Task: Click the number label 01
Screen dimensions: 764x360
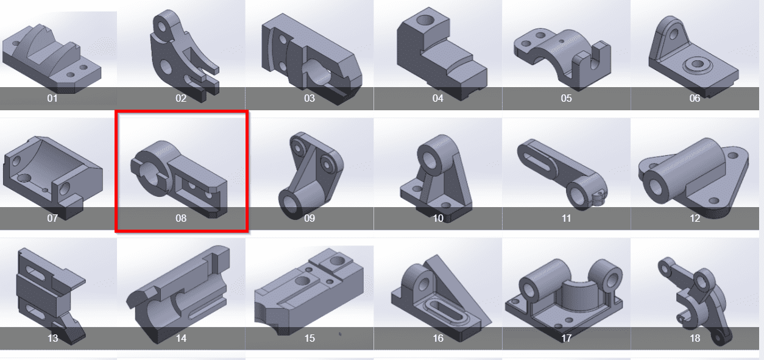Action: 52,99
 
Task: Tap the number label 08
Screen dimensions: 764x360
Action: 181,218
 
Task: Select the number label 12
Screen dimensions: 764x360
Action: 695,218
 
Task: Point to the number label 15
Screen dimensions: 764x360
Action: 309,338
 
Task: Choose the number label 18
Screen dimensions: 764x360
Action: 695,338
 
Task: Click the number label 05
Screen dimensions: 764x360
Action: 566,99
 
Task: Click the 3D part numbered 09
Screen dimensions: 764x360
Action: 309,175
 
